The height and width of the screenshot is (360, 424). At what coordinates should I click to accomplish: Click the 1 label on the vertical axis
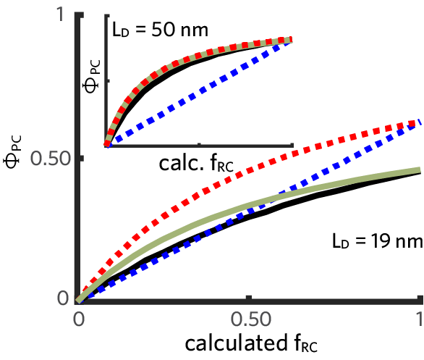tap(62, 14)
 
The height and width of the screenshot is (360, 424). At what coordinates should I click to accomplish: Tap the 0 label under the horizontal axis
tap(78, 319)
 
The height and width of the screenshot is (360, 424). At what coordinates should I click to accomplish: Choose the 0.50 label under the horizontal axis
tap(249, 319)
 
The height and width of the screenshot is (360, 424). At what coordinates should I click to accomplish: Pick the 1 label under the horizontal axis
tap(419, 319)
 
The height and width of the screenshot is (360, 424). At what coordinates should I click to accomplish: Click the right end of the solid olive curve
tap(418, 169)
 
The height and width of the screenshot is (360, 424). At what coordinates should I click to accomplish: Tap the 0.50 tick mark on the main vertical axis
tap(79, 157)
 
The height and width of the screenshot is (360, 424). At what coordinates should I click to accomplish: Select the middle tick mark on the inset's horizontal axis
tap(200, 143)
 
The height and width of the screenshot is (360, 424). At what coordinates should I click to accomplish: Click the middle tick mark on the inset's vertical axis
tap(108, 80)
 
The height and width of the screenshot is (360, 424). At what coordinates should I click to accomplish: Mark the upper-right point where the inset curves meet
tap(290, 40)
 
